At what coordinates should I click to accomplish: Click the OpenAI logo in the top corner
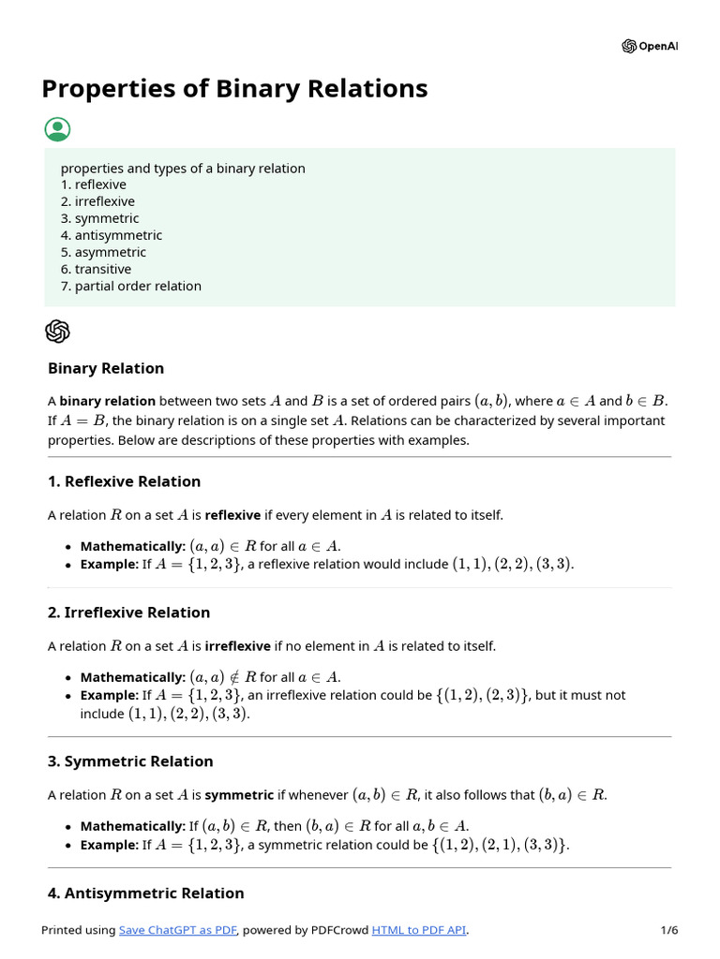[649, 47]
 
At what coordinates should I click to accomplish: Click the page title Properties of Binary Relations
[234, 88]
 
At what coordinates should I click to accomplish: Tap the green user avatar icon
[57, 129]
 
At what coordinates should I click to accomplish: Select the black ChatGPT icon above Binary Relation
[57, 331]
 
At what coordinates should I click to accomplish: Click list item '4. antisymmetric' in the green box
[112, 235]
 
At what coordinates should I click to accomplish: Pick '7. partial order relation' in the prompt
[131, 286]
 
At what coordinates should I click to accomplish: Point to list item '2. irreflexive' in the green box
[97, 201]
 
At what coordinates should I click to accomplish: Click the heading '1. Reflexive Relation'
[124, 481]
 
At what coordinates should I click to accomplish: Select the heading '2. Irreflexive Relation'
[128, 612]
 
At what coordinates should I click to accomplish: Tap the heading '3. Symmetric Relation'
[130, 761]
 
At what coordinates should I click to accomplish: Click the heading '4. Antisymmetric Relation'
[145, 893]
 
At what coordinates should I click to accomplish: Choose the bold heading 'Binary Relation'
[106, 368]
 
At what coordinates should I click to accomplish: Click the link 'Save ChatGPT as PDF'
[178, 930]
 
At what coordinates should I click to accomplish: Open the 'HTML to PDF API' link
[419, 930]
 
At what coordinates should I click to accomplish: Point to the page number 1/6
[668, 930]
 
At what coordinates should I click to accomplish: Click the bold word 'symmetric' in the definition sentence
[239, 795]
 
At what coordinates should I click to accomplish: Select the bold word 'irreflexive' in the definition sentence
[237, 646]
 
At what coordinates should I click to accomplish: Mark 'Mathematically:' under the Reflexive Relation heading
[133, 546]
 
